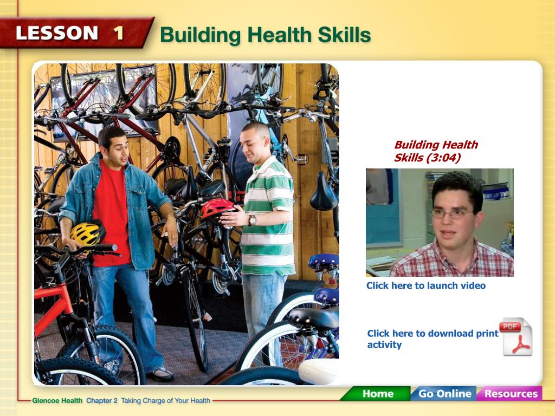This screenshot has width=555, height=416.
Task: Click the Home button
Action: click(377, 394)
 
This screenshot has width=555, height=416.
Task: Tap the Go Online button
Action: click(444, 394)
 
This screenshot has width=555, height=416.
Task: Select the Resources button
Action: click(511, 394)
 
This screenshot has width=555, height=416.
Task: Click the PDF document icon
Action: click(517, 336)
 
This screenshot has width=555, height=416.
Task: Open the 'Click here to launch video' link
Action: click(426, 285)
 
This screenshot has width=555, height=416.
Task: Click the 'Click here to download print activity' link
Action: click(433, 339)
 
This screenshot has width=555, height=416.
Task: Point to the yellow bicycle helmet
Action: click(87, 233)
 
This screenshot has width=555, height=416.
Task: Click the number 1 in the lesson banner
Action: click(119, 33)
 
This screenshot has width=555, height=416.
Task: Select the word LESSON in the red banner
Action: click(56, 33)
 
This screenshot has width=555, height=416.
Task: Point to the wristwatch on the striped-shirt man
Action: click(251, 220)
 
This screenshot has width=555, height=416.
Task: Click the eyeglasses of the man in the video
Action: click(451, 213)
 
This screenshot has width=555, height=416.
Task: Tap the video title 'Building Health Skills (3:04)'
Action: click(436, 151)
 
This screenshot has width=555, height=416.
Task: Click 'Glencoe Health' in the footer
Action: click(57, 400)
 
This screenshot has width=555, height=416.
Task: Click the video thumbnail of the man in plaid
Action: click(440, 223)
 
